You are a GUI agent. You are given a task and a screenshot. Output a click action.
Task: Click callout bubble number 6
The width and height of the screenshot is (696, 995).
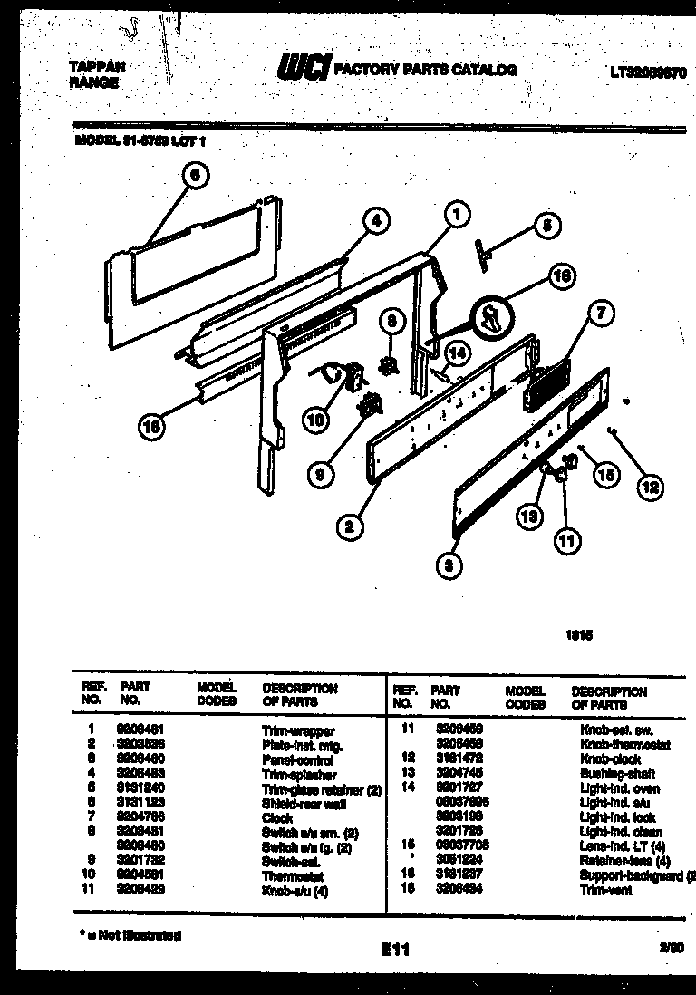tap(195, 176)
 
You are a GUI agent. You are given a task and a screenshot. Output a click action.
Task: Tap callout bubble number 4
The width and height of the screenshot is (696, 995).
tap(377, 220)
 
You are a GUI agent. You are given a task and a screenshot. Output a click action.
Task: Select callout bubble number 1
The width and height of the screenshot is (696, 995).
tap(457, 214)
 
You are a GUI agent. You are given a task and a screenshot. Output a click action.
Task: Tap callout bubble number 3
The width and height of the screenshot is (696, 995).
tap(449, 566)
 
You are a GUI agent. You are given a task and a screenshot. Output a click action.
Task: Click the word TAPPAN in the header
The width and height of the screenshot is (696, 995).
tap(97, 66)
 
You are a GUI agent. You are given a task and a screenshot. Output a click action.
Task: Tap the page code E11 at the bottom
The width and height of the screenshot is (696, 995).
tap(395, 950)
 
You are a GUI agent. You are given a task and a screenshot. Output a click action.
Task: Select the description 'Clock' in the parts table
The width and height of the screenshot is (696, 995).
tap(276, 818)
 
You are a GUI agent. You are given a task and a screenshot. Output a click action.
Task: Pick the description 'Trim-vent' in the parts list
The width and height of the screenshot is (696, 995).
tap(606, 891)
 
